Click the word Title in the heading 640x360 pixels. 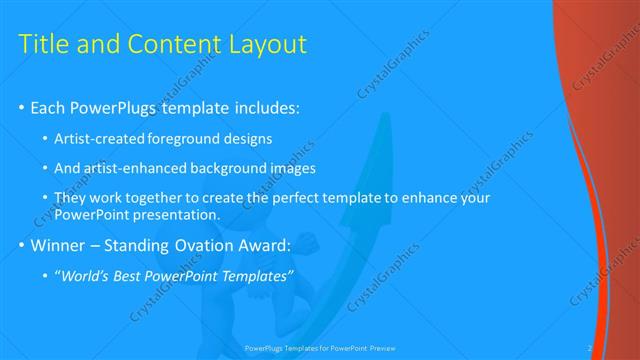pyautogui.click(x=44, y=44)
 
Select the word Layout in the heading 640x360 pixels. pyautogui.click(x=264, y=44)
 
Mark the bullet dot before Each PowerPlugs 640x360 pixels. pyautogui.click(x=22, y=108)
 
